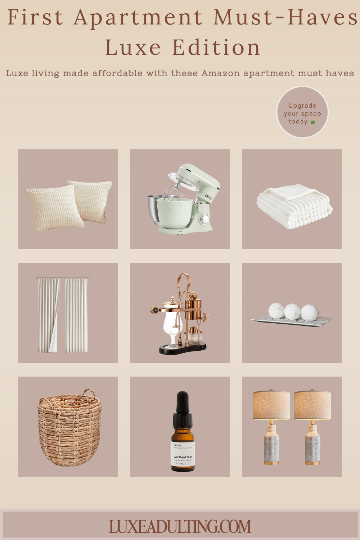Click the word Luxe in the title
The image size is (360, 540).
pos(133,48)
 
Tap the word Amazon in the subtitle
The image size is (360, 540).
pos(220,73)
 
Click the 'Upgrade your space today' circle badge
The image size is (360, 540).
pos(302,112)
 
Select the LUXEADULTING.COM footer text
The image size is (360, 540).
pos(180,527)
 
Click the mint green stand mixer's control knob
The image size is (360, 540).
pos(204,219)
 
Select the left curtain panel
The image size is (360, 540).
pos(48,315)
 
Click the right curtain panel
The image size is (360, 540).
pos(76,315)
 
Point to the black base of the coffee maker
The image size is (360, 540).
pos(183,348)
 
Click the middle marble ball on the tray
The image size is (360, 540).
pos(292,312)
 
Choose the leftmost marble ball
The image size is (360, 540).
pos(276,311)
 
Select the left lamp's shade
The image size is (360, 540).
pos(271,405)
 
